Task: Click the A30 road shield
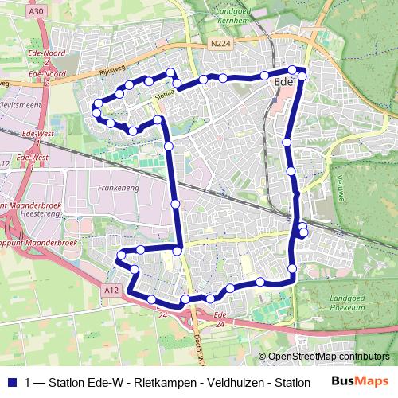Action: coord(34,12)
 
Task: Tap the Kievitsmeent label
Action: coord(22,103)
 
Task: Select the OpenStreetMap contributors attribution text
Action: coord(330,357)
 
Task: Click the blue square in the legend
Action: coord(13,381)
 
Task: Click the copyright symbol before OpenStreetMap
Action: coord(263,357)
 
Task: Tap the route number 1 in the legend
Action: coord(29,381)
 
